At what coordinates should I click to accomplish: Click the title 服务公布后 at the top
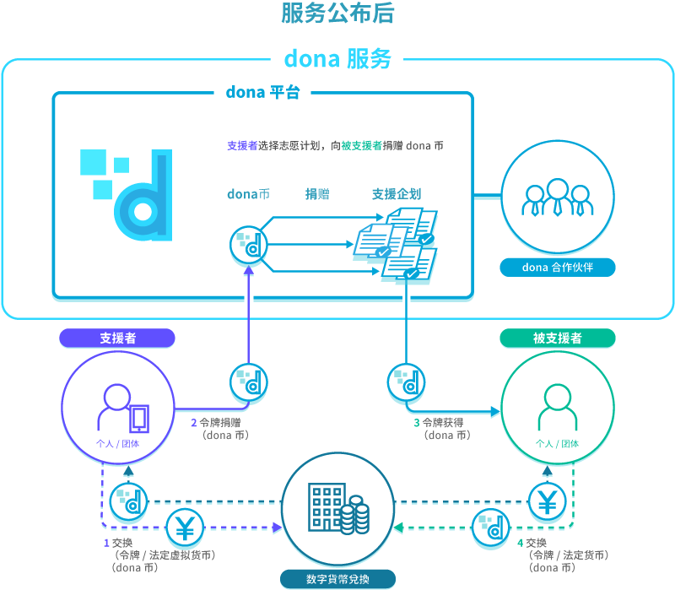click(x=337, y=14)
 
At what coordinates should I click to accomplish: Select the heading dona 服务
click(x=337, y=59)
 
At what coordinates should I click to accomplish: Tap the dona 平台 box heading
click(x=262, y=92)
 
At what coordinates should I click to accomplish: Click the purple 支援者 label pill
click(x=117, y=338)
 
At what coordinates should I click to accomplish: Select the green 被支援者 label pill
click(x=557, y=338)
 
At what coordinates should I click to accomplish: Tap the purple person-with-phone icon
click(x=121, y=407)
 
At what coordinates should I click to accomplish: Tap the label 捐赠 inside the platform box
click(x=317, y=194)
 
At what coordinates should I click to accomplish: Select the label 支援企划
click(x=397, y=194)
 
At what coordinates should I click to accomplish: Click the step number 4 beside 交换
click(x=520, y=543)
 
